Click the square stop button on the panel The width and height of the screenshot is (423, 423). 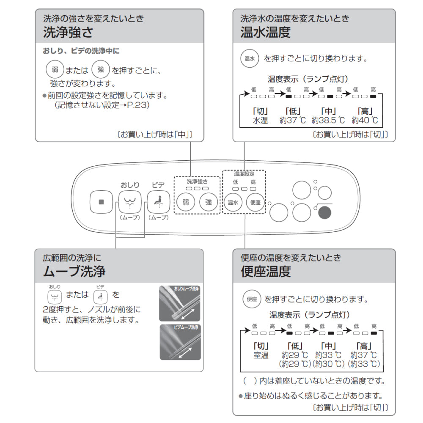coord(101,202)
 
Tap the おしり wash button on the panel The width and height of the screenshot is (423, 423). coord(130,202)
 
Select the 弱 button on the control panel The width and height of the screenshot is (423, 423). coord(186,202)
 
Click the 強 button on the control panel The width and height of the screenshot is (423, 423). coord(209,202)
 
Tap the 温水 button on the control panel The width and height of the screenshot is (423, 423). coord(233,202)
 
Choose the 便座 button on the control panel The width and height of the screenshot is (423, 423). coord(255,202)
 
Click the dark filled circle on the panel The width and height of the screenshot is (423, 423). coord(326,213)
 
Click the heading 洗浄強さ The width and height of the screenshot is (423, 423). coord(68,33)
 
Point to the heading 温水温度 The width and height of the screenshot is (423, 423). coord(265,33)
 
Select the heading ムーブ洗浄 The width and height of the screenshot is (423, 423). coord(74,271)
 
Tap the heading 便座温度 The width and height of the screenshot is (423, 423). coord(266,271)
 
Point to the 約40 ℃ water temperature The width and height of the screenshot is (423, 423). coord(364,121)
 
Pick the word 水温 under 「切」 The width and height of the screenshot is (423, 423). coord(260,121)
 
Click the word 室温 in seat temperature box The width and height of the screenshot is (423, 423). coord(261,355)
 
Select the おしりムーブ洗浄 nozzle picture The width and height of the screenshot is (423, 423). coord(180,303)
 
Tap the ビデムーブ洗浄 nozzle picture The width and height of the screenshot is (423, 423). coord(180,342)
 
